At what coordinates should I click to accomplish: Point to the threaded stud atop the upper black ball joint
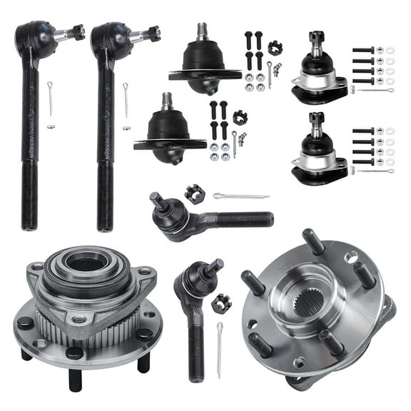coord(201,32)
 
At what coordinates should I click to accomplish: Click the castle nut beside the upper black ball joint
coord(275,47)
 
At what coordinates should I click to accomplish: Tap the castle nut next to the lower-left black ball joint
coord(240,117)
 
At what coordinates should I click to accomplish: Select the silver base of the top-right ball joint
coord(320,91)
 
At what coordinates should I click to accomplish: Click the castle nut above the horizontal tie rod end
coord(192,193)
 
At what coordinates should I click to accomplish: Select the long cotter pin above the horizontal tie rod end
coord(240,196)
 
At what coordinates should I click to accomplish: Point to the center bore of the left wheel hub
coord(87,263)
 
